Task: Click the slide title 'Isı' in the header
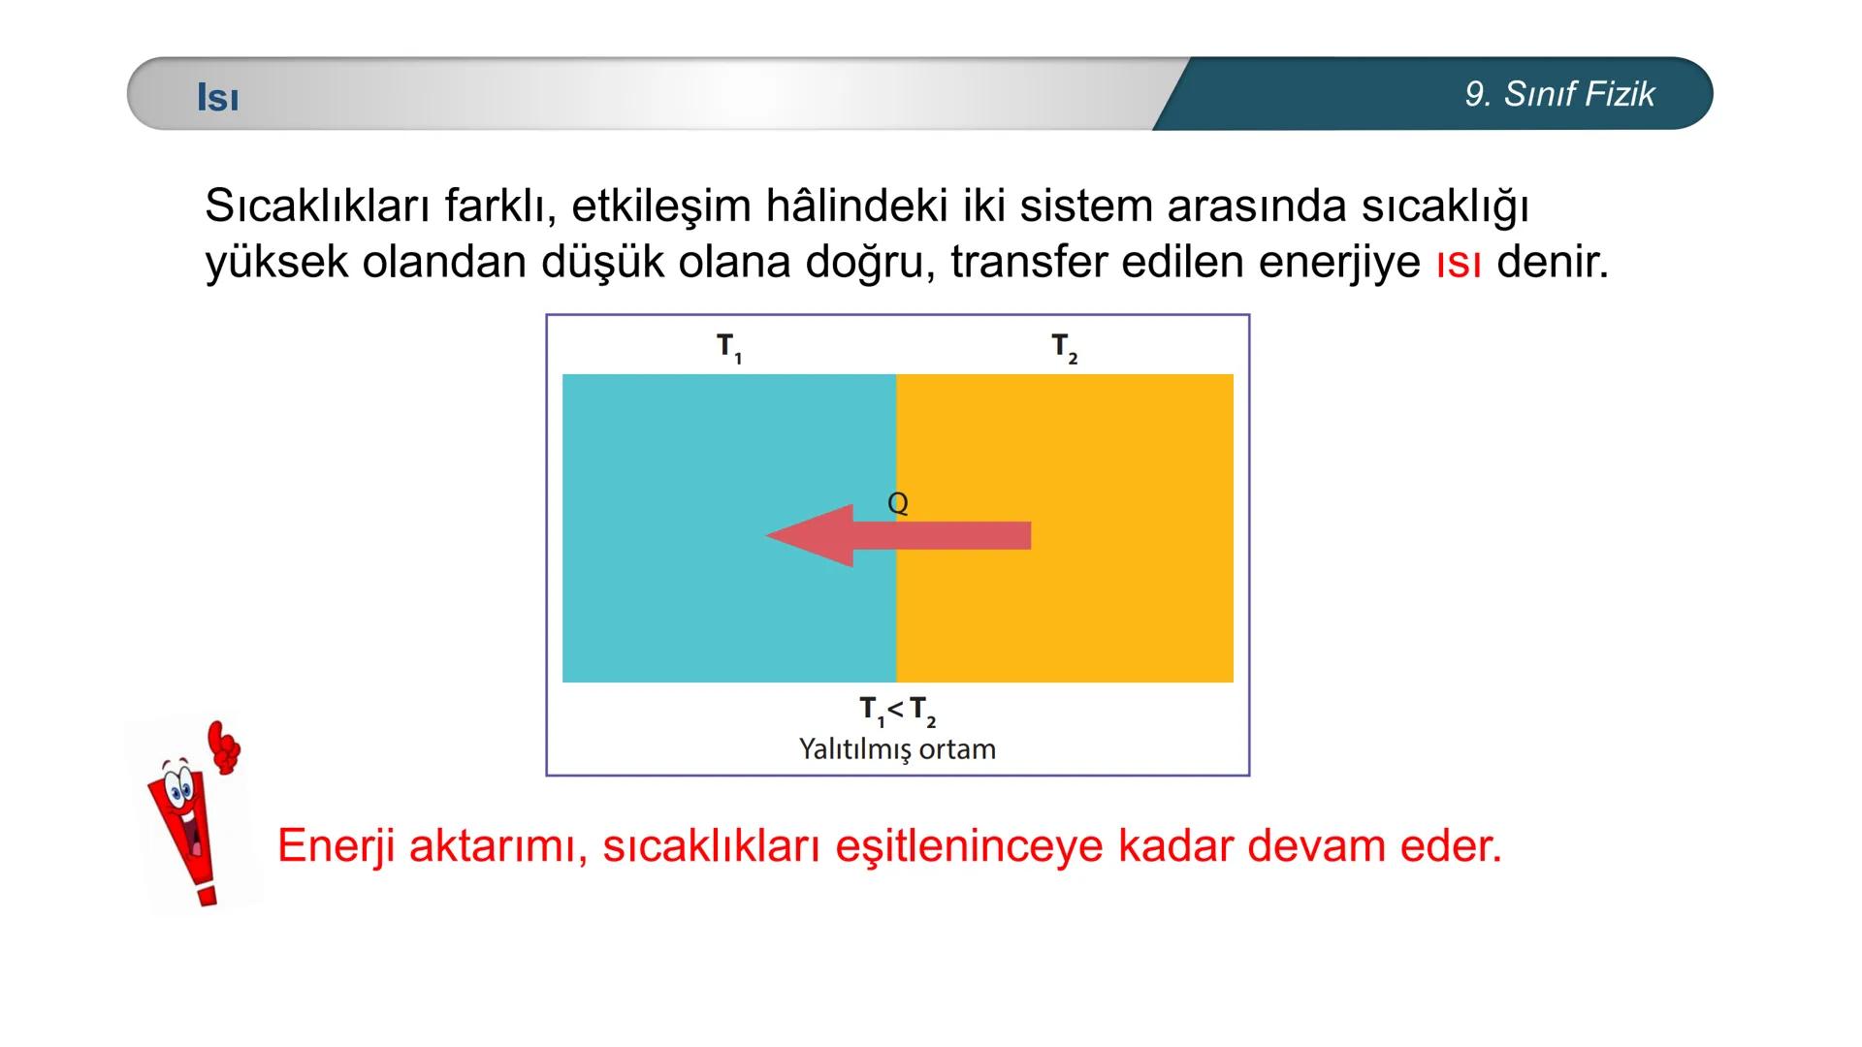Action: [218, 97]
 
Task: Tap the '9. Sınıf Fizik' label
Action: [1559, 94]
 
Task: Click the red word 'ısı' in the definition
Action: [1459, 263]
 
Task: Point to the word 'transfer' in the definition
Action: [1028, 263]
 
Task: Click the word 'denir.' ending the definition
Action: [1553, 263]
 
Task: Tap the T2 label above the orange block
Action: [1064, 347]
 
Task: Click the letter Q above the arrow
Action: [898, 503]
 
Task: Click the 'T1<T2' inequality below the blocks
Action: [897, 711]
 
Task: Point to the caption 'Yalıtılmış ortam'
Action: [897, 749]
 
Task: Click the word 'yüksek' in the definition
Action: [276, 263]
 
